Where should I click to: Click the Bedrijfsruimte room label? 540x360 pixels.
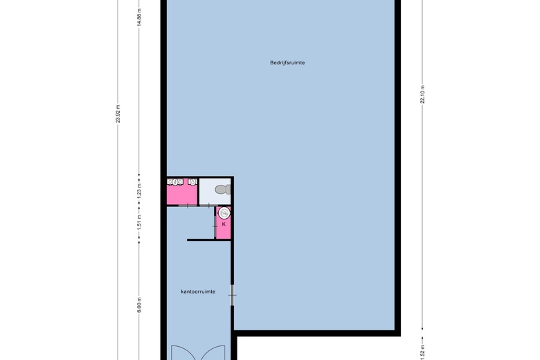click(x=288, y=63)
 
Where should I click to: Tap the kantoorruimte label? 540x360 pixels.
click(x=198, y=291)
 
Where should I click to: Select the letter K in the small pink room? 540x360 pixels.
click(x=224, y=224)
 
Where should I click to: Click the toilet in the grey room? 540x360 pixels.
click(x=221, y=189)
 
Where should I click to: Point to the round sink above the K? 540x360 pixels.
click(x=224, y=213)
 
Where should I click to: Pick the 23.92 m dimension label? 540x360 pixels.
click(x=118, y=113)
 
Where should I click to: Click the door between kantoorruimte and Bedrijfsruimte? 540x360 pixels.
click(x=233, y=296)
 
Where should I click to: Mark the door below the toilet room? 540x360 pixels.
click(x=208, y=205)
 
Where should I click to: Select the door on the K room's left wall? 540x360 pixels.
click(x=215, y=224)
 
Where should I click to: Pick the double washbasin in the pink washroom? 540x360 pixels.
click(x=175, y=183)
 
